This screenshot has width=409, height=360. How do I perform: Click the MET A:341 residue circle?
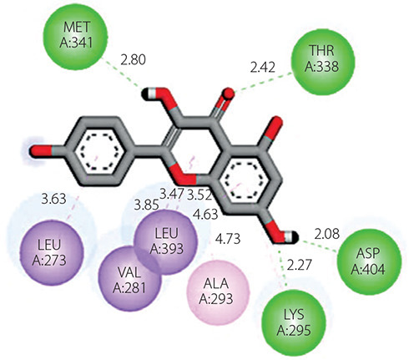75,36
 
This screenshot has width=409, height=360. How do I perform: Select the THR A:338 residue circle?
323,62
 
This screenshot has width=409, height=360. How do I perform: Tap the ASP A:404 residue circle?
369,262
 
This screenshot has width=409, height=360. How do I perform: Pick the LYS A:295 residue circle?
294,323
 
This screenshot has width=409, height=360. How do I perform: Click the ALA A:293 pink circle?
218,292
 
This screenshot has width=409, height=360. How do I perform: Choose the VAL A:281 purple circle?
130,280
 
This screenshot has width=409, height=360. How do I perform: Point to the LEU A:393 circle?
166,242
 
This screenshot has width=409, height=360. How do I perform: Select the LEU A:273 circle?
52,253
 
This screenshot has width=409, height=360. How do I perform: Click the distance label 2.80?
133,60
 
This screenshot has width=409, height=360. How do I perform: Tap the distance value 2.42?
263,68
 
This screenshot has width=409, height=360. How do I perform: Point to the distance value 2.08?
327,234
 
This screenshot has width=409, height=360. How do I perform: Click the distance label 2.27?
299,265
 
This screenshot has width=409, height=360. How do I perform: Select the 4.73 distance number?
228,239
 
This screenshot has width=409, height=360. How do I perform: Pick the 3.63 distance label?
54,199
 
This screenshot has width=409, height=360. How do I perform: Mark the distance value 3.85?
147,205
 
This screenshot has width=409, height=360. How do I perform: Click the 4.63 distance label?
205,215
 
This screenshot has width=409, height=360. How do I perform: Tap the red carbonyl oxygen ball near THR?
229,94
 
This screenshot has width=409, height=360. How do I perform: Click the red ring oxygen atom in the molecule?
185,176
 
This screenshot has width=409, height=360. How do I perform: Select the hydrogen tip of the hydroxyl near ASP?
294,237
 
